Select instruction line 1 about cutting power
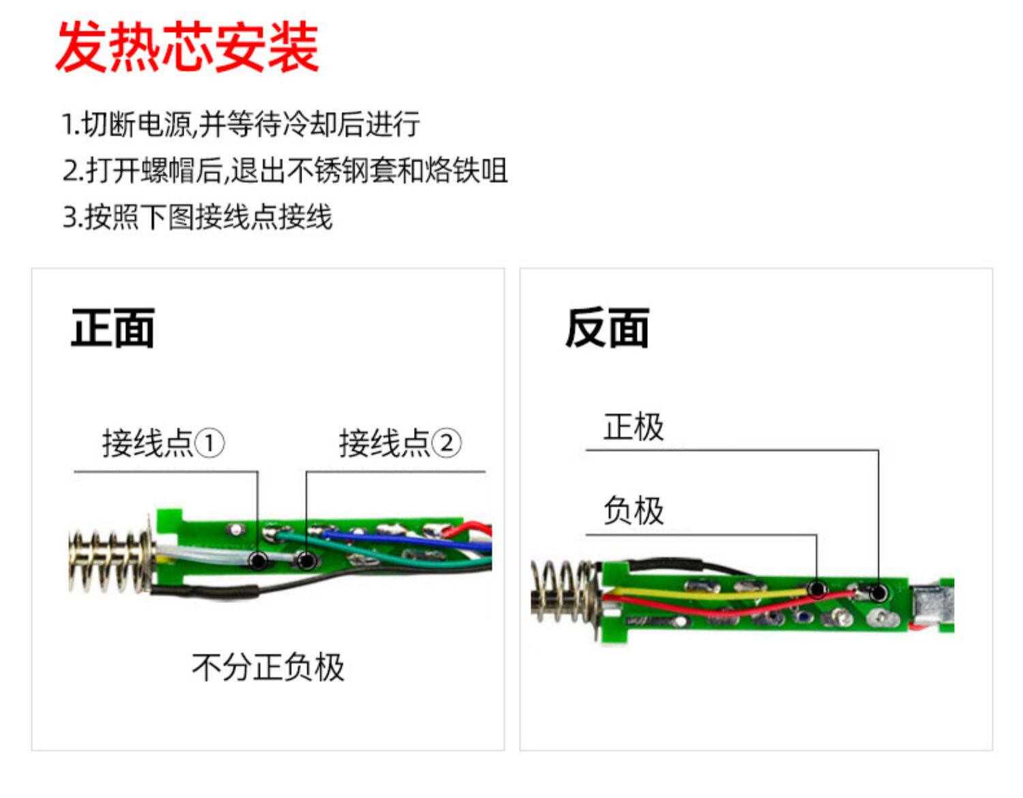[240, 124]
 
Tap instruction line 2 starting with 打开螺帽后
[284, 171]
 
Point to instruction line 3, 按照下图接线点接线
[197, 218]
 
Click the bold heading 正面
[113, 328]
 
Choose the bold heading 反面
[606, 328]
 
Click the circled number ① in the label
[209, 443]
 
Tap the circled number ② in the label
[447, 443]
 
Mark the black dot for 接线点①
[258, 561]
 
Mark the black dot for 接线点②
[307, 561]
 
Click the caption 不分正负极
[267, 666]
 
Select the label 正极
[633, 427]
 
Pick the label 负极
[633, 510]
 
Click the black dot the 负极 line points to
[817, 588]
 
